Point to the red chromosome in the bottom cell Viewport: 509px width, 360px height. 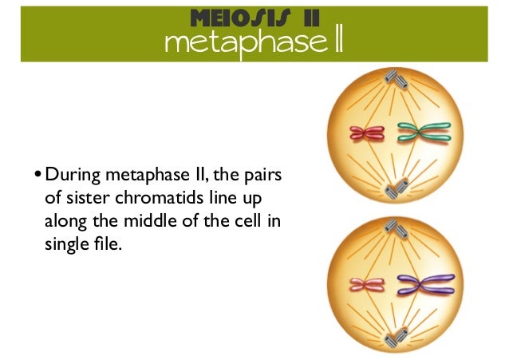click(x=368, y=283)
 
